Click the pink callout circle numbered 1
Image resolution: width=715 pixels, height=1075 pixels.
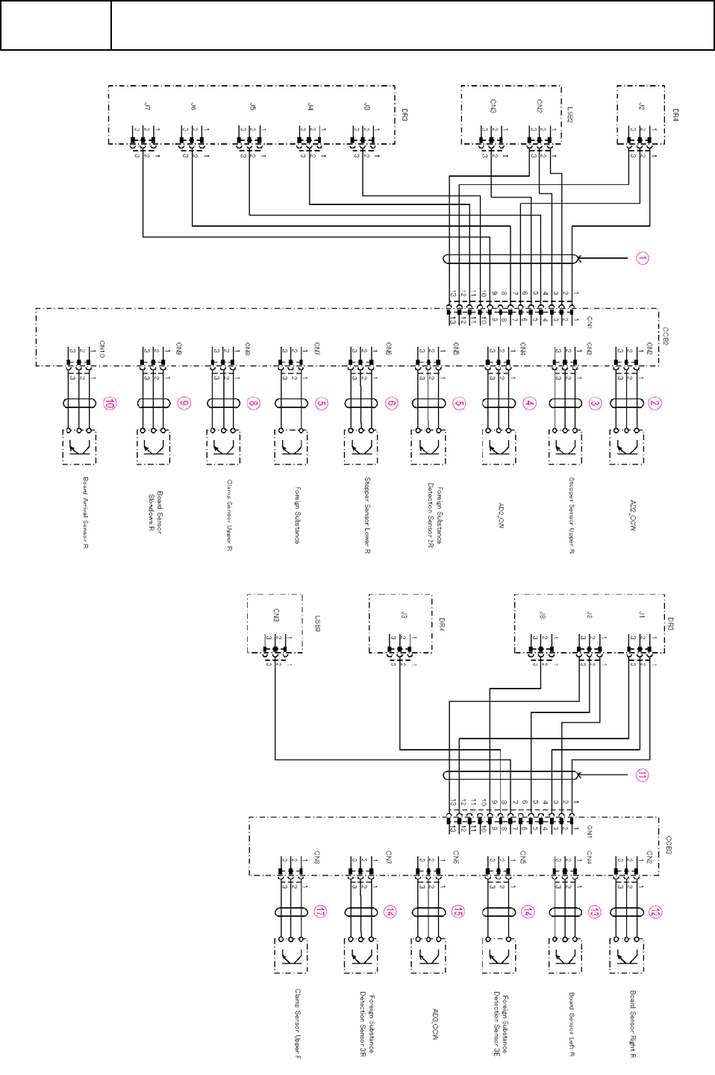click(642, 258)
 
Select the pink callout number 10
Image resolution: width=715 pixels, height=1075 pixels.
click(110, 404)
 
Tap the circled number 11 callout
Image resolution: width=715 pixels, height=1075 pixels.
click(642, 776)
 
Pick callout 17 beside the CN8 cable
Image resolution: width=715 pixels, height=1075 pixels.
click(319, 912)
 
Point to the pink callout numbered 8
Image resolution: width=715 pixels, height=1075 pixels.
click(253, 404)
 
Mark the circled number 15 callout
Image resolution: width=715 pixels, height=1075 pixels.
click(458, 912)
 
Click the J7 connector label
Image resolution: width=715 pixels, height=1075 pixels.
click(147, 107)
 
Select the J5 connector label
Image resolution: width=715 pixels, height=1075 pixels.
click(253, 107)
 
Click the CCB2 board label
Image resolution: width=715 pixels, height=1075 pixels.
click(665, 336)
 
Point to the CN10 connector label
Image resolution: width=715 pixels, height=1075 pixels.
click(102, 349)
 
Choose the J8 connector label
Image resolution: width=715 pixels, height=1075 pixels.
click(543, 615)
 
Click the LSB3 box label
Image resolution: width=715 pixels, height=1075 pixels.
click(317, 624)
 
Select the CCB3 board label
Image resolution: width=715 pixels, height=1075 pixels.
click(668, 846)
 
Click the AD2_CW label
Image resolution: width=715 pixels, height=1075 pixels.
click(501, 515)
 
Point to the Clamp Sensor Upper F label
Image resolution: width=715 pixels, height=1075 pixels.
click(297, 1024)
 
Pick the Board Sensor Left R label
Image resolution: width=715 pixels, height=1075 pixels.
click(571, 1024)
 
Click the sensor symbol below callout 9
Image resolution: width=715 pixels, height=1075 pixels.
click(153, 448)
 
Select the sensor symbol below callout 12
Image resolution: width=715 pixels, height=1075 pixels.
click(626, 956)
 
